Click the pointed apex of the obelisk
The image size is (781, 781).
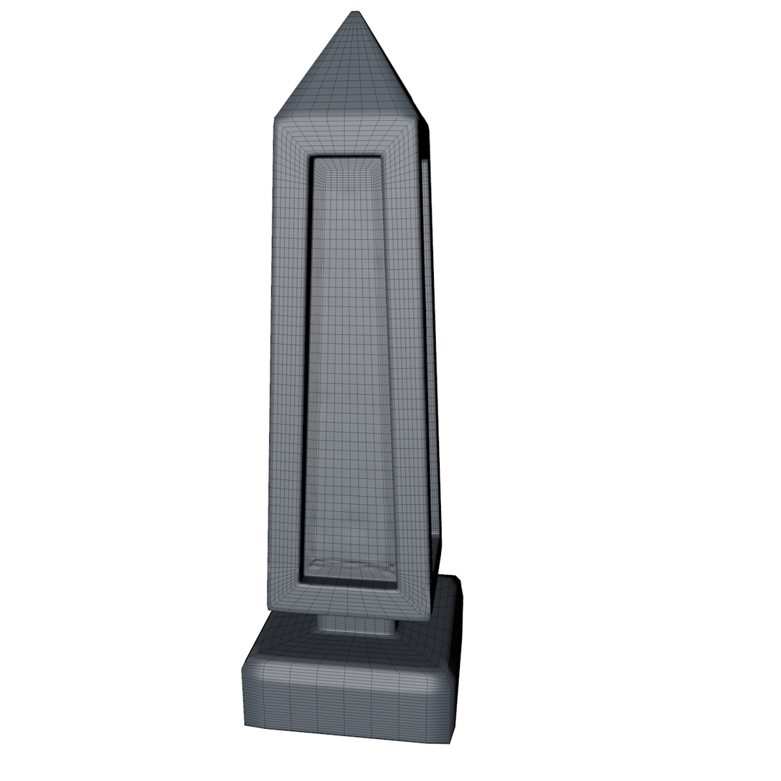point(354,12)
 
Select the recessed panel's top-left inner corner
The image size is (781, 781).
point(312,158)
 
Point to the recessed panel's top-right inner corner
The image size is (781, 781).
point(381,158)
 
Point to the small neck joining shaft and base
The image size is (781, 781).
point(357,626)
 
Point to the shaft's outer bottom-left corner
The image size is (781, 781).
point(269,606)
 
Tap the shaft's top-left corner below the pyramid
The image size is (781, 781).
point(275,117)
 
